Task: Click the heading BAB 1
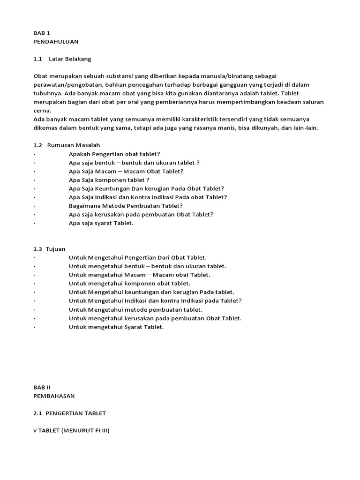[42, 33]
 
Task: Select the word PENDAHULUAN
[56, 42]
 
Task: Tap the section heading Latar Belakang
[70, 59]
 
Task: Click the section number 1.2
[38, 145]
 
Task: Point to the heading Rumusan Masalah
[74, 145]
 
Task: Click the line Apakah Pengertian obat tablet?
[114, 154]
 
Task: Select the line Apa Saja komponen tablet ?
[109, 180]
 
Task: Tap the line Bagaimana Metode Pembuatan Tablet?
[126, 206]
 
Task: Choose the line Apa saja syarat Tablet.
[101, 223]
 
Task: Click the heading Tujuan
[56, 249]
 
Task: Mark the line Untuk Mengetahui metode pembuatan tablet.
[135, 309]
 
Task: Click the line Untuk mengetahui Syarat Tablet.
[116, 327]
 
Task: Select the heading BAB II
[42, 387]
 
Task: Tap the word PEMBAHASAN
[54, 396]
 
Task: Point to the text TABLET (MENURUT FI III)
[74, 430]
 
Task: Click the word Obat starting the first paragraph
[40, 76]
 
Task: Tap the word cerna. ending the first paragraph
[42, 111]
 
